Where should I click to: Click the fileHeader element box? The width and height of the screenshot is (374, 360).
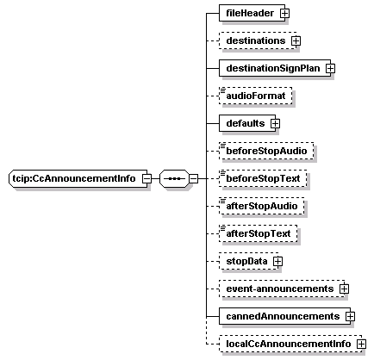pyautogui.click(x=252, y=13)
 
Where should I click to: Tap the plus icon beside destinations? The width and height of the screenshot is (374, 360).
pyautogui.click(x=296, y=40)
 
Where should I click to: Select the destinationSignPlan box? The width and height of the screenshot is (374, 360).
pyautogui.click(x=275, y=68)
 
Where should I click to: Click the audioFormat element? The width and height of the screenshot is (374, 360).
pyautogui.click(x=255, y=96)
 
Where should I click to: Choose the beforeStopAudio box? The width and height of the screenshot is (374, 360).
pyautogui.click(x=266, y=151)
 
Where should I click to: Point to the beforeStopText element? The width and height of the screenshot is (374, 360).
pyautogui.click(x=263, y=178)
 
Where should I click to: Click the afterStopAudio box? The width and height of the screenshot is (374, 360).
pyautogui.click(x=261, y=206)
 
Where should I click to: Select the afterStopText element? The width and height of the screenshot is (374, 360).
pyautogui.click(x=258, y=233)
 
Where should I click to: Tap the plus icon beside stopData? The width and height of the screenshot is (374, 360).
pyautogui.click(x=277, y=261)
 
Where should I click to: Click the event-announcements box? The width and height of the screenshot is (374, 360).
pyautogui.click(x=282, y=289)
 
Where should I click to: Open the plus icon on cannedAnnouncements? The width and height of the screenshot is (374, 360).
pyautogui.click(x=350, y=316)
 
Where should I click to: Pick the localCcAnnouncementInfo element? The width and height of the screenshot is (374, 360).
pyautogui.click(x=290, y=344)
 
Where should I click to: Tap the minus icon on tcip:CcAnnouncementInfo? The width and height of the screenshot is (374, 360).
pyautogui.click(x=146, y=178)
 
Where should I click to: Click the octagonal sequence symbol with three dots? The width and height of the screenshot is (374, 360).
pyautogui.click(x=175, y=178)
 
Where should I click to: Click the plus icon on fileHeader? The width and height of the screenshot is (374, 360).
pyautogui.click(x=284, y=13)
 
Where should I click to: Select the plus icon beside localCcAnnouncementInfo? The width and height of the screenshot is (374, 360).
pyautogui.click(x=361, y=344)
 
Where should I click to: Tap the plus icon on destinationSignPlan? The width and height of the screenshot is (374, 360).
pyautogui.click(x=330, y=68)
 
